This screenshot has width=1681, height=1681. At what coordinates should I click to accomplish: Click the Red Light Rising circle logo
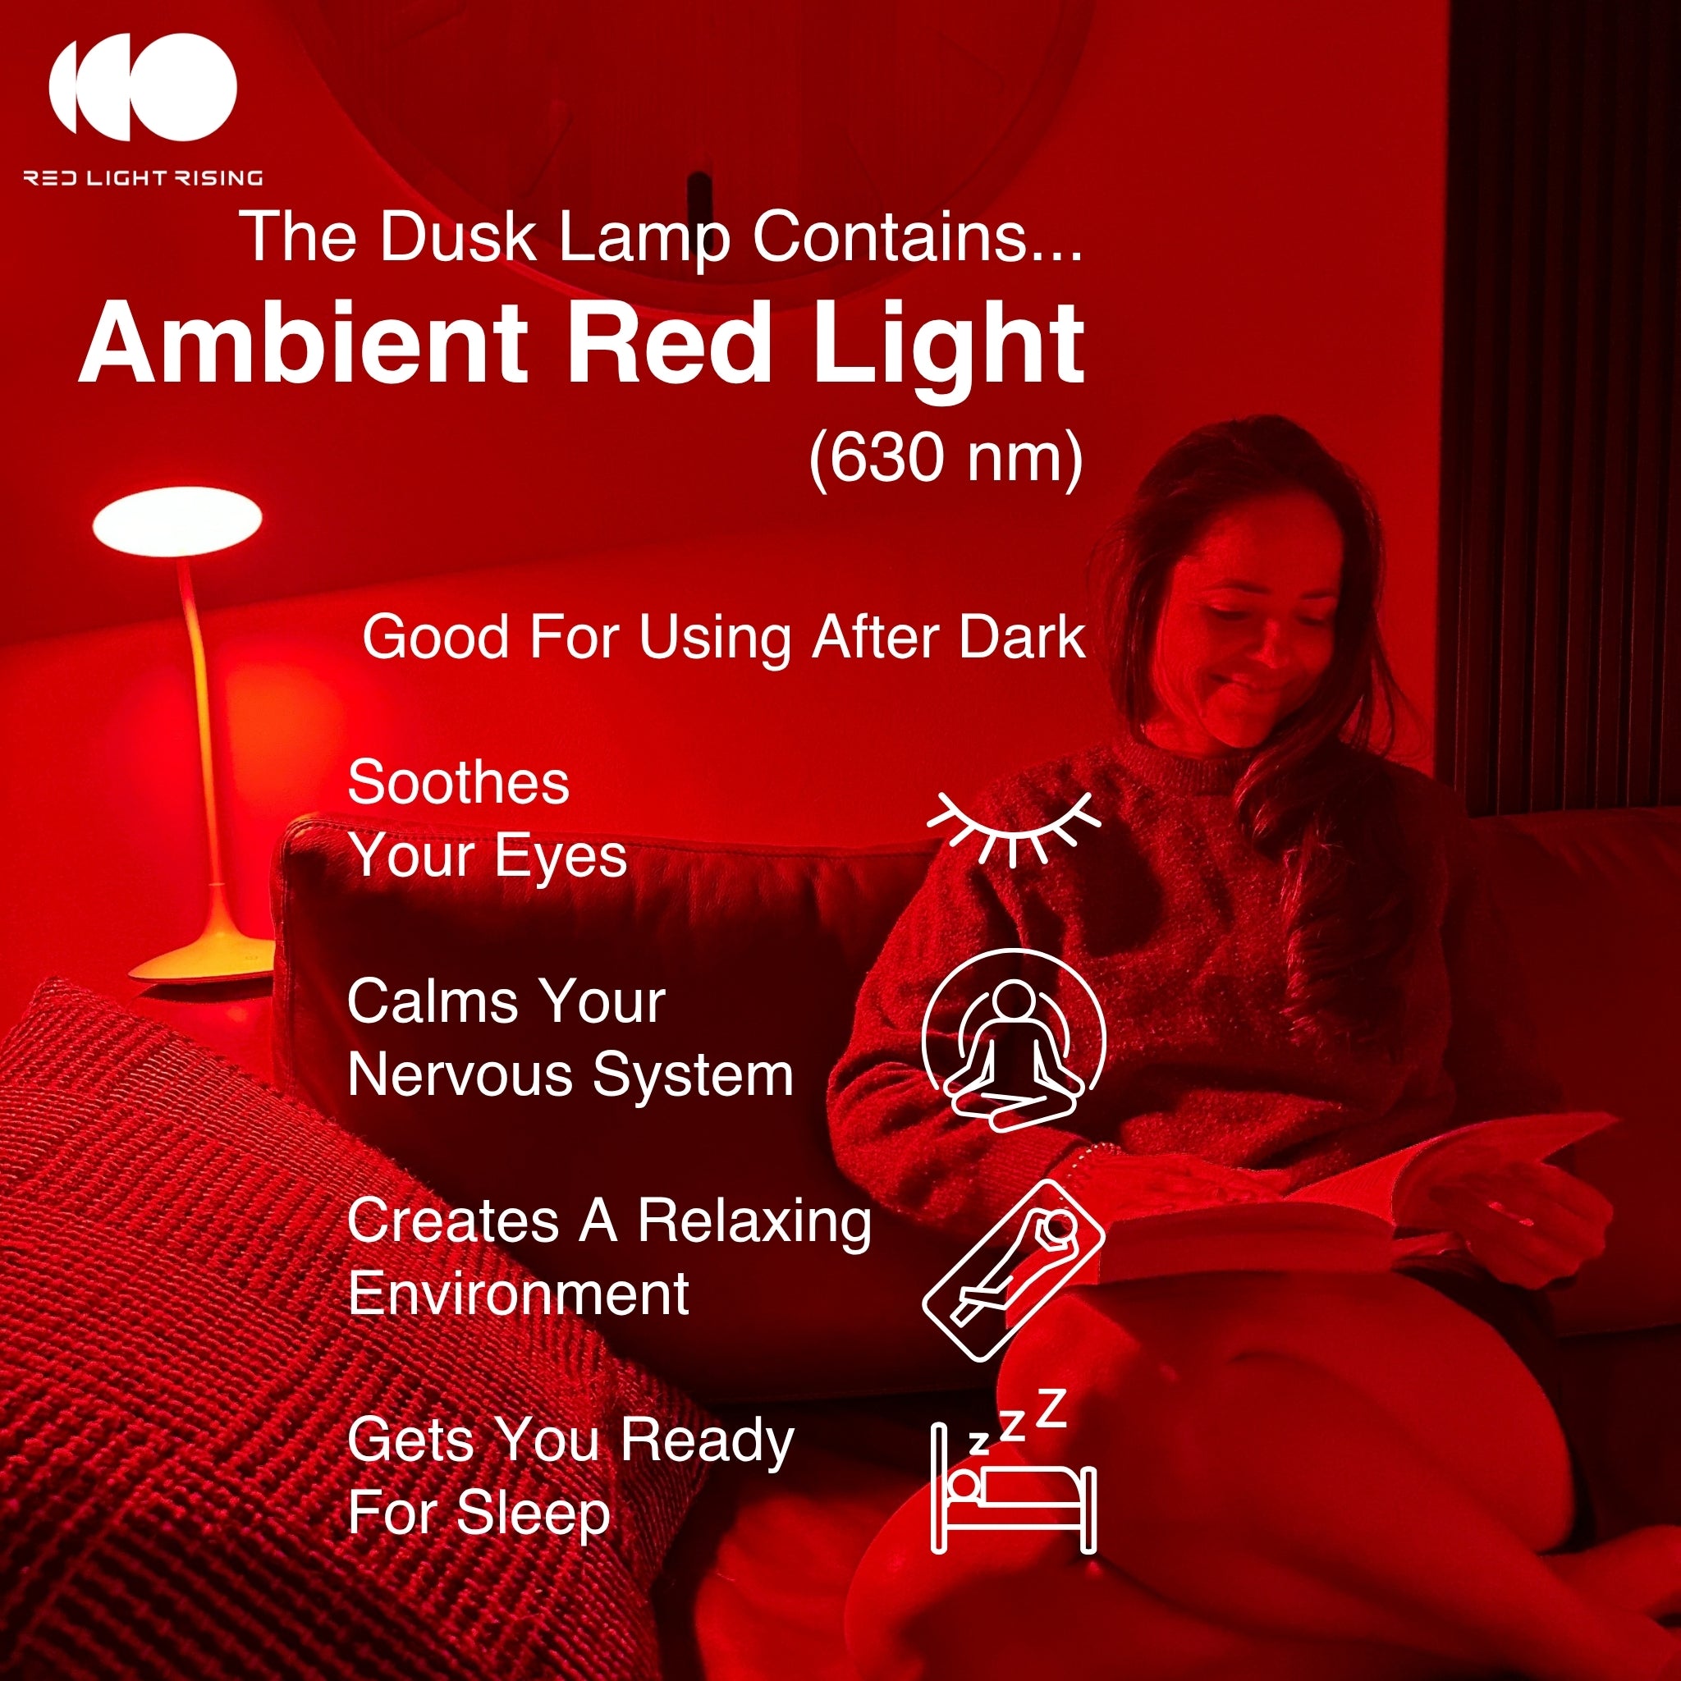[x=144, y=87]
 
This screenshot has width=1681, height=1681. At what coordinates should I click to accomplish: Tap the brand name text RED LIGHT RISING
[x=144, y=178]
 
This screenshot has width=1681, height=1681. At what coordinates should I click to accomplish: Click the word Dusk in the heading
[x=458, y=236]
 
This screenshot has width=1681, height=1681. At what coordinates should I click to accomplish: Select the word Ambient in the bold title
[x=304, y=342]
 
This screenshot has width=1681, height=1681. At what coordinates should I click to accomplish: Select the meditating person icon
[x=1014, y=1040]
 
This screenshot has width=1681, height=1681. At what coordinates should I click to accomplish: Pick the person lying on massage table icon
[x=1014, y=1271]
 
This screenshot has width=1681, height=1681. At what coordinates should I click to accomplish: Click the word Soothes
[x=459, y=782]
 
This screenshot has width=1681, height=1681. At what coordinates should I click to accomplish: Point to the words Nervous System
[x=570, y=1075]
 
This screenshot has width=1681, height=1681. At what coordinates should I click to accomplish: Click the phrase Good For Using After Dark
[x=724, y=638]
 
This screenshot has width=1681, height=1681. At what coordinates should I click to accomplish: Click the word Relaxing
[x=754, y=1221]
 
